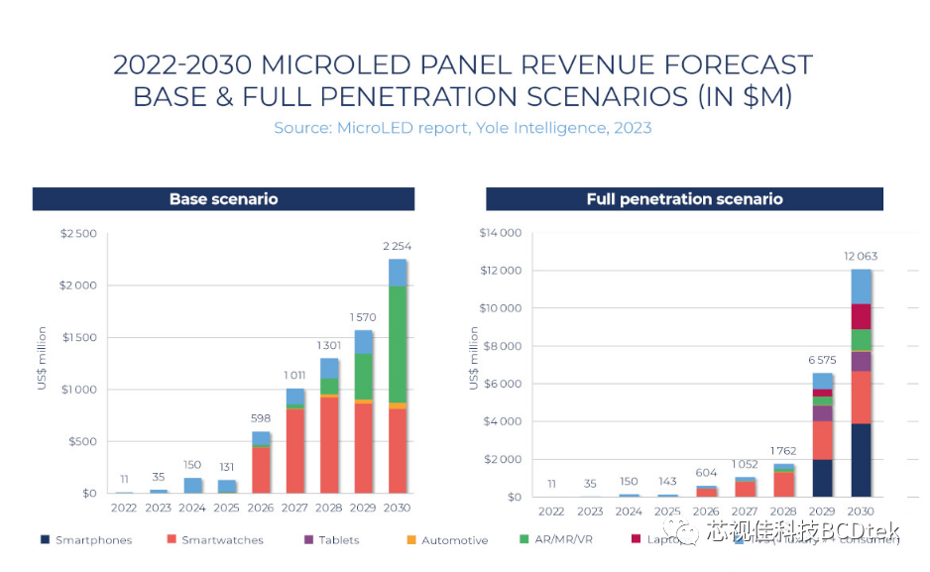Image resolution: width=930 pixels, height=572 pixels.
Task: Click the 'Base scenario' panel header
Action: pyautogui.click(x=223, y=199)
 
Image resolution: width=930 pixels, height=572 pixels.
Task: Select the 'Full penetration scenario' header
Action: pyautogui.click(x=684, y=199)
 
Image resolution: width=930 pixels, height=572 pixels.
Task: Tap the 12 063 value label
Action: pyautogui.click(x=862, y=256)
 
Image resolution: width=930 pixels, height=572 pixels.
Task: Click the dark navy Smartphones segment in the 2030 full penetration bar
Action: pyautogui.click(x=862, y=460)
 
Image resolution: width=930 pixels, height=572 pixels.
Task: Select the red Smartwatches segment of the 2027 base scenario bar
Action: pyautogui.click(x=295, y=450)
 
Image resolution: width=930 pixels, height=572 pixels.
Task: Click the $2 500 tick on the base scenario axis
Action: pyautogui.click(x=78, y=234)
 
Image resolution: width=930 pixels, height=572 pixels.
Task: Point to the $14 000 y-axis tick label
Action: pyautogui.click(x=500, y=234)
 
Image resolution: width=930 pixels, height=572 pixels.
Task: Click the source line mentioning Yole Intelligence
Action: pyautogui.click(x=463, y=128)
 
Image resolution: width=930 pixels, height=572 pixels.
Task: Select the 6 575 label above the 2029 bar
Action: pyautogui.click(x=823, y=360)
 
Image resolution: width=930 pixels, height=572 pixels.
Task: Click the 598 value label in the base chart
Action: pyautogui.click(x=261, y=418)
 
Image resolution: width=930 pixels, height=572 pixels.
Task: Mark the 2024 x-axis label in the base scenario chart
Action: pyautogui.click(x=192, y=508)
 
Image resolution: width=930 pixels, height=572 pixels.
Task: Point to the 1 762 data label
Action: pyautogui.click(x=783, y=451)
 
